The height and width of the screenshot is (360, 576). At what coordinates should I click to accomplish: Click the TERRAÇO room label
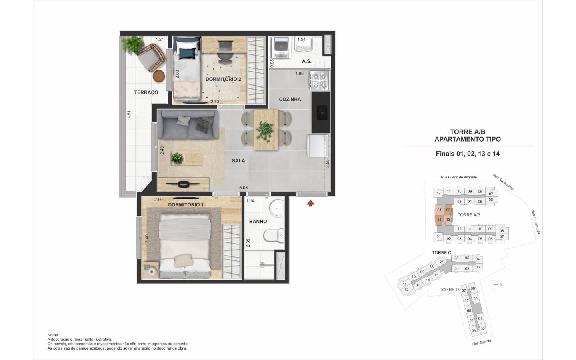pyautogui.click(x=146, y=92)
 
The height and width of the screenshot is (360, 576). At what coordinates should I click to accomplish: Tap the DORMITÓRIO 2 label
pyautogui.click(x=223, y=79)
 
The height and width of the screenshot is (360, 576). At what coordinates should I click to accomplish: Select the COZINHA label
pyautogui.click(x=290, y=99)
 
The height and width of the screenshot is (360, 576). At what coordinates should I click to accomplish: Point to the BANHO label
pyautogui.click(x=258, y=222)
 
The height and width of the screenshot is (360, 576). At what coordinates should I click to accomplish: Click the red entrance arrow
pyautogui.click(x=310, y=203)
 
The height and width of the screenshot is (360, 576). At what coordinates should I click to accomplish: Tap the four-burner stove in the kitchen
pyautogui.click(x=320, y=80)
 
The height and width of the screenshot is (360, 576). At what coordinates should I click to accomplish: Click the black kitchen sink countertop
pyautogui.click(x=321, y=113)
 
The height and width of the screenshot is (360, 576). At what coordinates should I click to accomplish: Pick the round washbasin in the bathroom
pyautogui.click(x=277, y=208)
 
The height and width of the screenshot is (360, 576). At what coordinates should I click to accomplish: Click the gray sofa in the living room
pyautogui.click(x=188, y=124)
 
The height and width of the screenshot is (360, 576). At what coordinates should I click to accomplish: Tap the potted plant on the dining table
pyautogui.click(x=265, y=131)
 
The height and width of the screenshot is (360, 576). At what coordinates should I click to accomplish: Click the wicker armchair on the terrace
pyautogui.click(x=151, y=57)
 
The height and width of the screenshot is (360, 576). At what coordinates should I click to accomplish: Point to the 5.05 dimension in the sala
pyautogui.click(x=243, y=188)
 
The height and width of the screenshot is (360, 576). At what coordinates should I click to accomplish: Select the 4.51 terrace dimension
pyautogui.click(x=129, y=114)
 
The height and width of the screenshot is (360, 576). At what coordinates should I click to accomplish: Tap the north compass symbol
pyautogui.click(x=494, y=284)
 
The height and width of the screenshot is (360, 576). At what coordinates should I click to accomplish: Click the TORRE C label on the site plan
pyautogui.click(x=442, y=252)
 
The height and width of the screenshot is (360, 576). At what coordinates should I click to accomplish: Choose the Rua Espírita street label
pyautogui.click(x=482, y=342)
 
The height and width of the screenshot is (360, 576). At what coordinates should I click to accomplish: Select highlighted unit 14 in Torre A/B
pyautogui.click(x=439, y=220)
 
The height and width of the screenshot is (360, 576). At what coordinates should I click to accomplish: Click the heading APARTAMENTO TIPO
pyautogui.click(x=468, y=139)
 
